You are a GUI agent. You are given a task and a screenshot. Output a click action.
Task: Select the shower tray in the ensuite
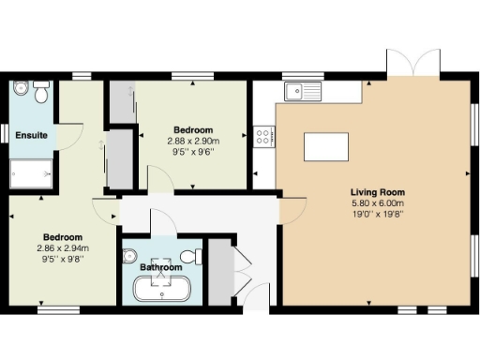click(31, 173)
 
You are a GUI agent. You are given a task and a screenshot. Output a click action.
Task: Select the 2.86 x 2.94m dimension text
click(62, 247)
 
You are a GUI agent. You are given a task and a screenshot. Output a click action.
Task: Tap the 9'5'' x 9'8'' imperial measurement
click(62, 258)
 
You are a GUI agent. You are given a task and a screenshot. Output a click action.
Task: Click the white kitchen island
click(325, 146)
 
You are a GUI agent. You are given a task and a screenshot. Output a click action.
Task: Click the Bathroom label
click(161, 267)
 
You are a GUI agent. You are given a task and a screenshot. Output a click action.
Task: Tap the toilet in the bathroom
click(192, 256)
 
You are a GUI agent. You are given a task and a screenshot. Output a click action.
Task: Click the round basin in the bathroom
click(130, 255)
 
